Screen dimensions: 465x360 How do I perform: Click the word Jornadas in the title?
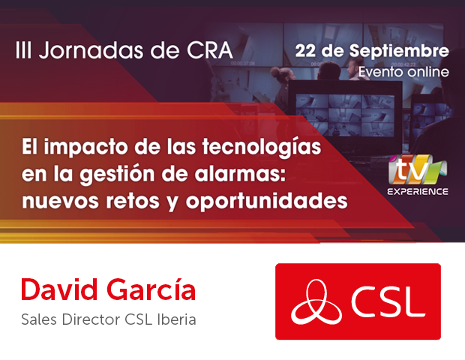91,51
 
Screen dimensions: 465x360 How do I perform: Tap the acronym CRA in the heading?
209,50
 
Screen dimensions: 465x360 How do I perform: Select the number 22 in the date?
305,51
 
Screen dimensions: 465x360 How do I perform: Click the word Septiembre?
399,52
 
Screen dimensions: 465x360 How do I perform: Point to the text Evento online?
403,72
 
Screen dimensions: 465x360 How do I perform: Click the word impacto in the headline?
86,148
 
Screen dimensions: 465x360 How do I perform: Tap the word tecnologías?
262,148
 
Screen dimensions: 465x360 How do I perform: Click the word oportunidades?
266,201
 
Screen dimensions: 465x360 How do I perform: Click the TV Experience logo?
418,175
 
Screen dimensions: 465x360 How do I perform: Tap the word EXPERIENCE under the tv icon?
418,191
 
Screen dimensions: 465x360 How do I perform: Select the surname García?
151,289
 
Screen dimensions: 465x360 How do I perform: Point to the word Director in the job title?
91,319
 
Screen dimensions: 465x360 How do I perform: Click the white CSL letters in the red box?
388,301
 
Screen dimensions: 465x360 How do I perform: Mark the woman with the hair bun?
282,89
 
